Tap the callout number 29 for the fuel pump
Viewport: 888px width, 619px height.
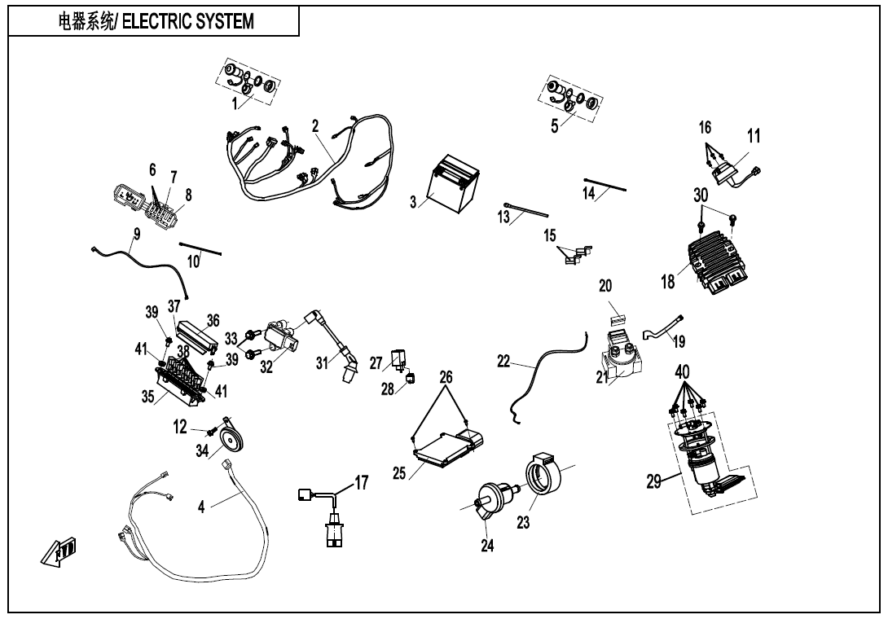[x=654, y=481]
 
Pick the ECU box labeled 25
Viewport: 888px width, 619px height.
[x=446, y=446]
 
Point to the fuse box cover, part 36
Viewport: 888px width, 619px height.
[x=199, y=332]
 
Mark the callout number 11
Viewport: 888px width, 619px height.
[x=754, y=136]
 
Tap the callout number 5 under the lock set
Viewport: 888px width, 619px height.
[x=554, y=126]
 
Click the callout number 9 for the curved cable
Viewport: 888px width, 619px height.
[x=136, y=233]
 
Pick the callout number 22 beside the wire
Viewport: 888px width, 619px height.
[x=504, y=362]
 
